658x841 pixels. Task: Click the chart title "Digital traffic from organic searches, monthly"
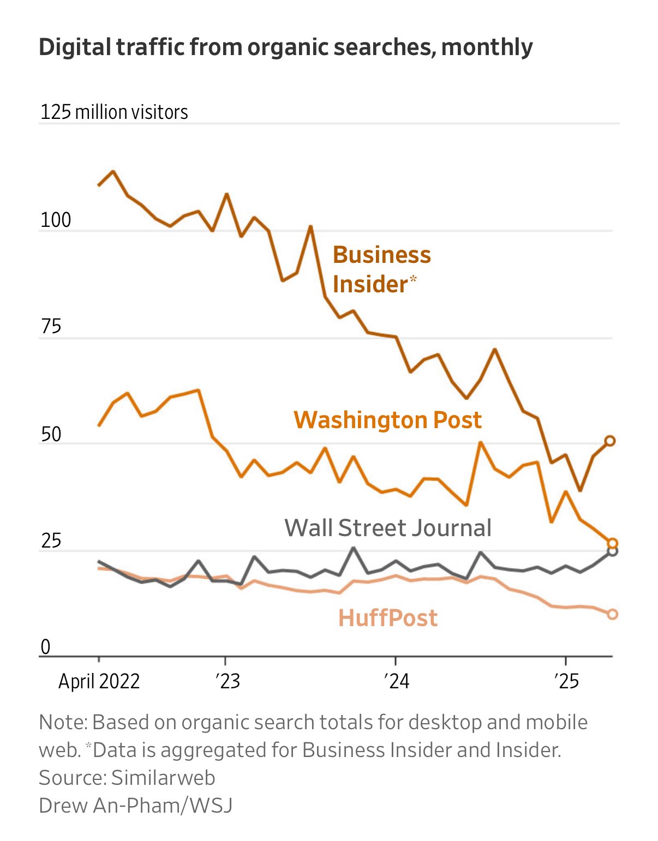[286, 48]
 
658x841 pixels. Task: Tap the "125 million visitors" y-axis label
[114, 112]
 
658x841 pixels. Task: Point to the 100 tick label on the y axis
[56, 220]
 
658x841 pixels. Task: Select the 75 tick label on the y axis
[51, 326]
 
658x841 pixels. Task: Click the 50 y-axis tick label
[51, 434]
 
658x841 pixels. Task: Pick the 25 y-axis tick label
[51, 540]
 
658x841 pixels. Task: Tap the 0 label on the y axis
[46, 647]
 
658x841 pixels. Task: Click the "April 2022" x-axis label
[99, 682]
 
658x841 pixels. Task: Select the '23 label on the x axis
[228, 682]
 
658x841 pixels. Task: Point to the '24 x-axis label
[397, 682]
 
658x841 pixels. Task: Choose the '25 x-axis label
[567, 682]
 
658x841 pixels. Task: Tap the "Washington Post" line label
[387, 420]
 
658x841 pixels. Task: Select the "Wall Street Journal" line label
[388, 528]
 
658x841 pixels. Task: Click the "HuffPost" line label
[388, 618]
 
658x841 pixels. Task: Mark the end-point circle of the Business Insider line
[609, 441]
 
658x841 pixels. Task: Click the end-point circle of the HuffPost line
[612, 614]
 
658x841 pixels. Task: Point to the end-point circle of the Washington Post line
[612, 543]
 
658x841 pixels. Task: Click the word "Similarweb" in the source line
[163, 778]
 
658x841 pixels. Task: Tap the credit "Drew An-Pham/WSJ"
[135, 806]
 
